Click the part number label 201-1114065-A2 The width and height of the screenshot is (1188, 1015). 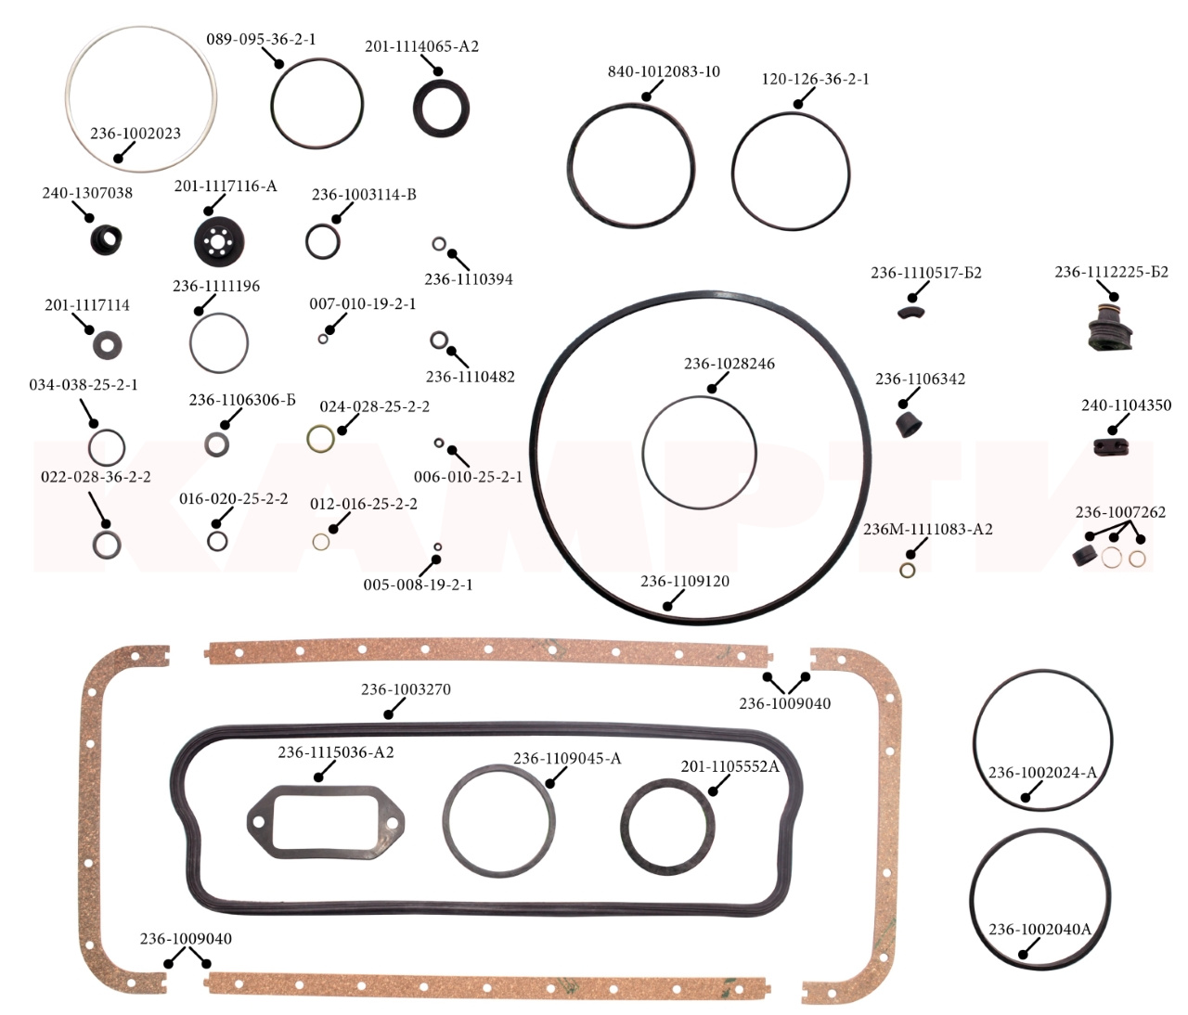(421, 46)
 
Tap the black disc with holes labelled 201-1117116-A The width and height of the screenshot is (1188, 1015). (219, 242)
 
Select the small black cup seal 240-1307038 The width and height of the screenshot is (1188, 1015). (106, 240)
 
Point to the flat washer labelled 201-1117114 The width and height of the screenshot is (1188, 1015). (107, 344)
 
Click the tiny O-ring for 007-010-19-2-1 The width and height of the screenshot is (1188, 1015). (323, 339)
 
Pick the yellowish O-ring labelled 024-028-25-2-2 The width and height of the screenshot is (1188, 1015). (321, 439)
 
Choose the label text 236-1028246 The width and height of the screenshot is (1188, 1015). (729, 364)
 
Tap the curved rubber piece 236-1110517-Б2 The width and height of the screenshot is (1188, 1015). (911, 313)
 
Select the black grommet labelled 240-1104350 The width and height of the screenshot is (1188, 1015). (1110, 447)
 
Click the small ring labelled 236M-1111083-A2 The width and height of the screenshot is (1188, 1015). (908, 571)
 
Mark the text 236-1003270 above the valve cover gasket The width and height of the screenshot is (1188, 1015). (406, 689)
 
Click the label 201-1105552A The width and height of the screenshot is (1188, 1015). (730, 766)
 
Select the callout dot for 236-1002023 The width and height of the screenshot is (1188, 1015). (118, 159)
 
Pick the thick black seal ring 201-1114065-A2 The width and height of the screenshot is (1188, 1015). (442, 109)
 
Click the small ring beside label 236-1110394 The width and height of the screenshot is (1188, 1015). (439, 244)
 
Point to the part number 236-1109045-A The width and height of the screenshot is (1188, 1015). (567, 758)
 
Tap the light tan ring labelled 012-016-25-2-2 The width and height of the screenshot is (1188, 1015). (321, 542)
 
